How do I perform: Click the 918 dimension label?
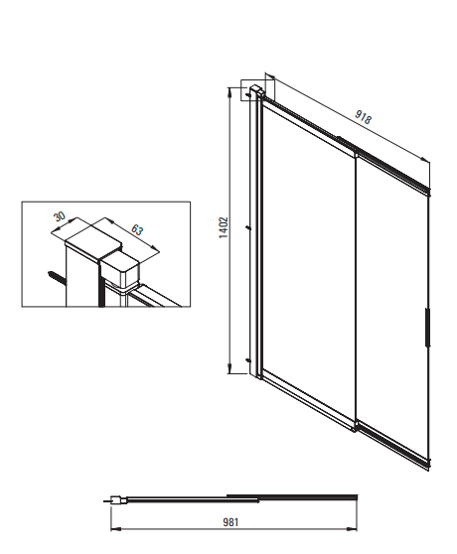[x=363, y=117]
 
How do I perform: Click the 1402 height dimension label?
[x=224, y=228]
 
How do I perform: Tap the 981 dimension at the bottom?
[x=230, y=522]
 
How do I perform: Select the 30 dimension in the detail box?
[x=60, y=215]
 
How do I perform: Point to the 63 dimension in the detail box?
[x=137, y=229]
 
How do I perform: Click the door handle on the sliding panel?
[x=427, y=328]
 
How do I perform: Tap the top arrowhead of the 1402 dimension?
[x=229, y=91]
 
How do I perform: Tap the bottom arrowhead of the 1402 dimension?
[x=229, y=368]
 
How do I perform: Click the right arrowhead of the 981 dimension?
[x=352, y=529]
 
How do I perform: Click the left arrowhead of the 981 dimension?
[x=116, y=529]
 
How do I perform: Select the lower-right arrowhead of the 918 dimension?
[x=425, y=159]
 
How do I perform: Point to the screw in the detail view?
[x=57, y=277]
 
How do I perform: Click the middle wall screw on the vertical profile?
[x=248, y=228]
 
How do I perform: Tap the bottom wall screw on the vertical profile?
[x=248, y=360]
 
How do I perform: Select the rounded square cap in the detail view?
[x=120, y=271]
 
